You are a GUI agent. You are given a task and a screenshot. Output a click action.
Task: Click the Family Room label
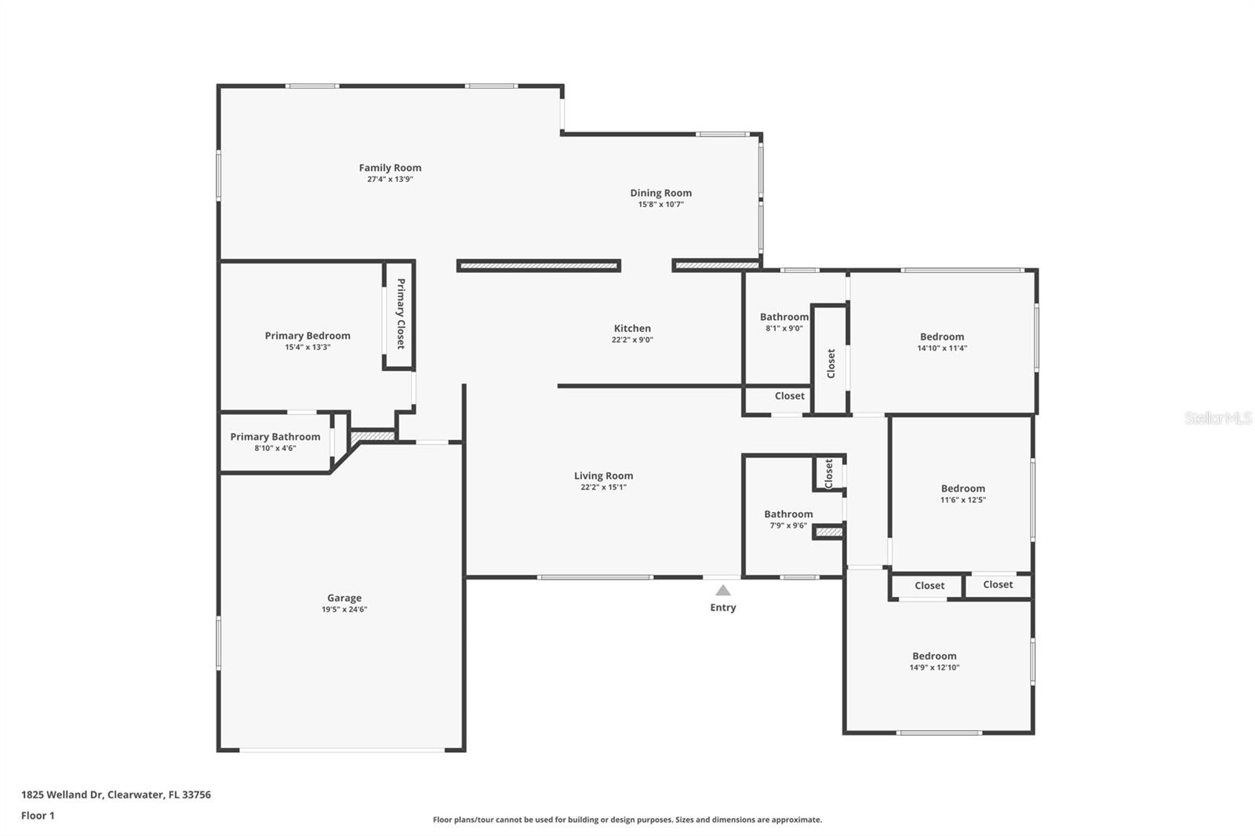pos(390,168)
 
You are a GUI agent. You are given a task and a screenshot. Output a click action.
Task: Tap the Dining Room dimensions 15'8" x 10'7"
pos(660,205)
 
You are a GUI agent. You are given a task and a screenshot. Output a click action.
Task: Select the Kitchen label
pos(632,329)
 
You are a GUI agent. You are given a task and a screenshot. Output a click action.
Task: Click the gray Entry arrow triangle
pos(722,591)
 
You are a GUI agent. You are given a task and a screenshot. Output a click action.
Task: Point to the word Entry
pos(722,608)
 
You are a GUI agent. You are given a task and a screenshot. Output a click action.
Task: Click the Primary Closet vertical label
pos(400,314)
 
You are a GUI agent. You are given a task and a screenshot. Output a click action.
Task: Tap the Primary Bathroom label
pos(275,437)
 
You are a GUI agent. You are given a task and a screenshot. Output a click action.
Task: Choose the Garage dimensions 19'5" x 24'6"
pos(344,609)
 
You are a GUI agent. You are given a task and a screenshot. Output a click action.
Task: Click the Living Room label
pos(603,476)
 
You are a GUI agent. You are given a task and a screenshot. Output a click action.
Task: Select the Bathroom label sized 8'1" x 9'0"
pos(784,318)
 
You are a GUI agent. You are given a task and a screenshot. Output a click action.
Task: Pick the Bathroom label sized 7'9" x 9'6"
pos(788,514)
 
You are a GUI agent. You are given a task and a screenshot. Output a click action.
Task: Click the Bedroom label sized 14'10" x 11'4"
pos(942,337)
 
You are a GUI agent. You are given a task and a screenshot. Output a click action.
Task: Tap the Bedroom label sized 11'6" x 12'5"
pos(962,489)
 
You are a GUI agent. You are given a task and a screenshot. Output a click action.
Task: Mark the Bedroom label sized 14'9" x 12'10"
pos(934,656)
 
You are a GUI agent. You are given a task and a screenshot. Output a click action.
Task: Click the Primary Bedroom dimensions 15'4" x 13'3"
pos(307,347)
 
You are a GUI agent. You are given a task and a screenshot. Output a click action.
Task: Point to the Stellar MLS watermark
pos(1217,418)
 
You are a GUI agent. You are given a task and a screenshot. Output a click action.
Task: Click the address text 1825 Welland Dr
pos(63,794)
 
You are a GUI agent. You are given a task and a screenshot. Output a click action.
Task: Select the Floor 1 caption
pos(38,816)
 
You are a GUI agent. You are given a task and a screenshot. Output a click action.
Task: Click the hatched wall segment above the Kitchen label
pos(539,266)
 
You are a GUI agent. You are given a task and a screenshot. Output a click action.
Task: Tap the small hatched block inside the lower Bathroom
pos(828,532)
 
